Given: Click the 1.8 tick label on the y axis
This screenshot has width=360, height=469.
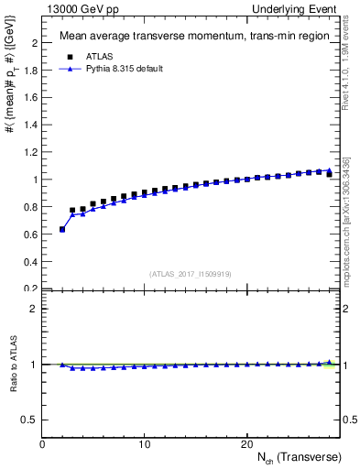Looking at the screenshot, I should coord(30,71).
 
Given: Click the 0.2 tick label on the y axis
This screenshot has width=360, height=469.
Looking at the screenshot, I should coord(30,289).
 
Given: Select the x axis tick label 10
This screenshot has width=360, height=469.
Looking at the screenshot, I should coord(145,444).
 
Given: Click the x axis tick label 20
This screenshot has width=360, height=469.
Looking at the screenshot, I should coord(246,444).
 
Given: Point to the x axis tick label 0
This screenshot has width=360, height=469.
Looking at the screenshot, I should coord(43,444).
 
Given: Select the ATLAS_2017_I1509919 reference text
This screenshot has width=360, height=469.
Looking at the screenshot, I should coord(191,274).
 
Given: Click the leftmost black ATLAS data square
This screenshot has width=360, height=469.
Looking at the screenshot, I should coord(62,229).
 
